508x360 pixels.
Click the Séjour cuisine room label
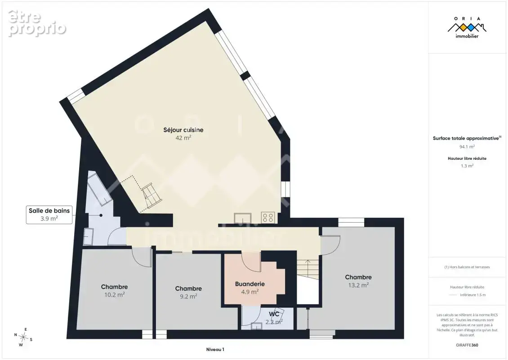point(183,130)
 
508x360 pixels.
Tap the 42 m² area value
point(183,138)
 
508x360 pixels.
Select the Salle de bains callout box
point(49,215)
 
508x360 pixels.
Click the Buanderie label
point(250,284)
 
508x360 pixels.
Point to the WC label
point(274,314)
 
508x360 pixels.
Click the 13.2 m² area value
point(358,285)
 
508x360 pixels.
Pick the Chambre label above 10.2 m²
point(114,287)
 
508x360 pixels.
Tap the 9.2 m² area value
point(188,297)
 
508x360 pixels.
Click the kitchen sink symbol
point(243,218)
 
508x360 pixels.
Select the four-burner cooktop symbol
point(268,217)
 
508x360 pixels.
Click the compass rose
point(23,337)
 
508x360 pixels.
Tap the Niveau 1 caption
point(215,350)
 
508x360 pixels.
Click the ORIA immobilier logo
point(467,27)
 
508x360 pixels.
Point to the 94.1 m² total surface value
point(467,147)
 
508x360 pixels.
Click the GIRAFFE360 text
point(467,345)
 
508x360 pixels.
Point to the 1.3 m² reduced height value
point(467,166)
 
